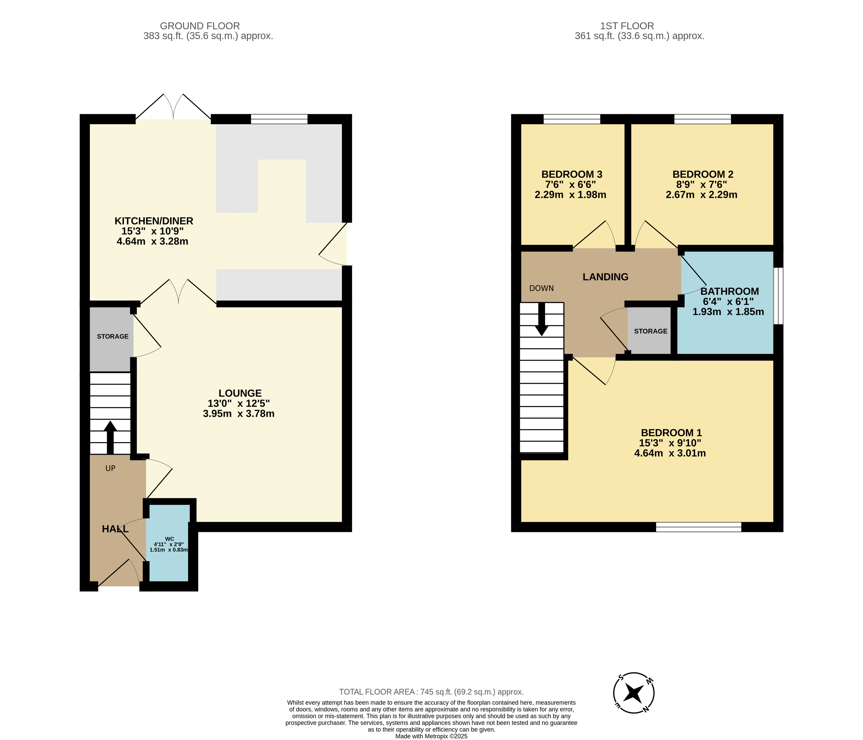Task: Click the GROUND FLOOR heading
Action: coord(200,26)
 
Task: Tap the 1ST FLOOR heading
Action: coord(627,26)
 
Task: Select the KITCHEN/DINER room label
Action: coord(154,221)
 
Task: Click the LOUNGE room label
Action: coord(240,393)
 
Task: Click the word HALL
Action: coord(115,529)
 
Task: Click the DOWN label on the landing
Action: coord(541,288)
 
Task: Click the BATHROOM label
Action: coord(730,291)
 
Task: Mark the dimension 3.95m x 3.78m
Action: coord(239,414)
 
